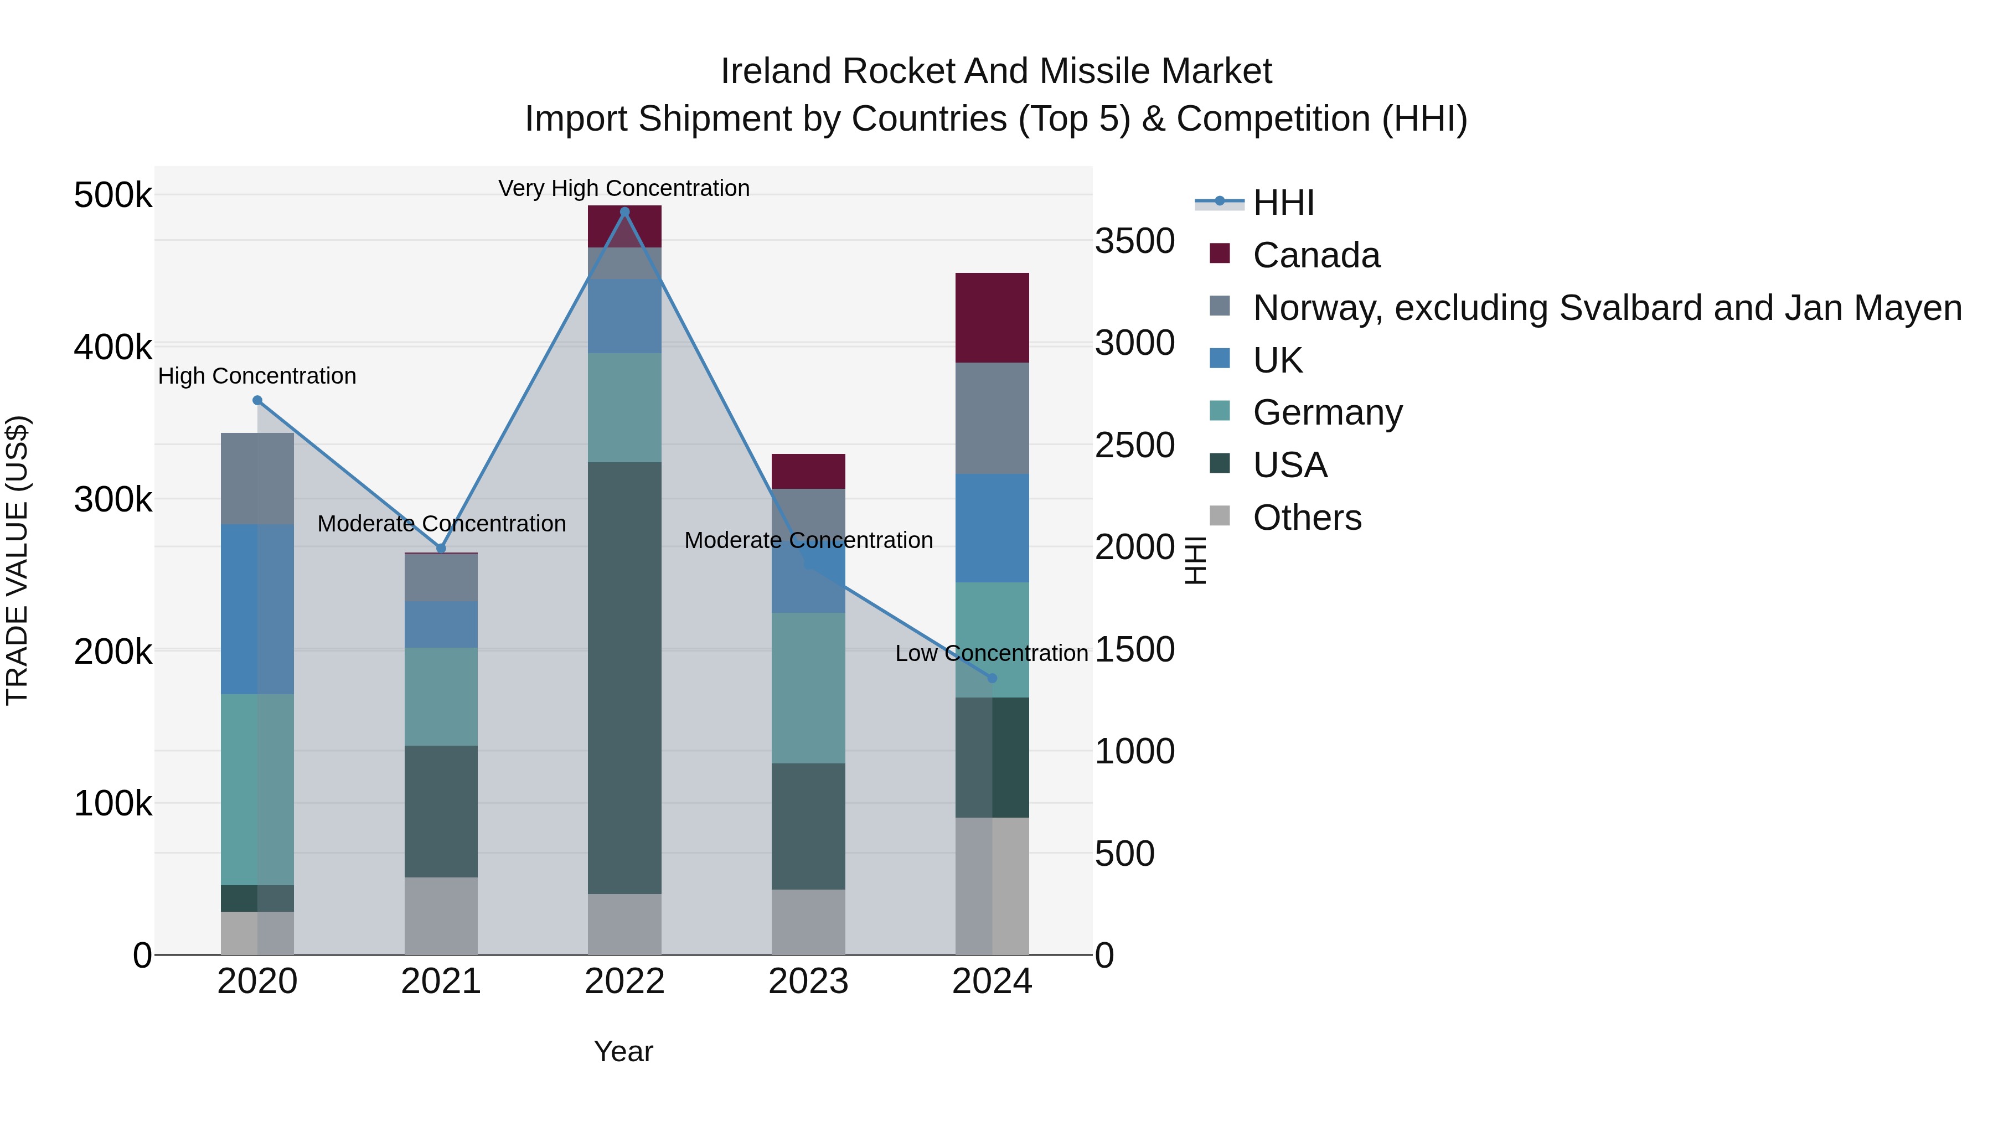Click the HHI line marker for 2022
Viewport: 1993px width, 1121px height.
click(624, 212)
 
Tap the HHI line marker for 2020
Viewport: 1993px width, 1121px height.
click(257, 400)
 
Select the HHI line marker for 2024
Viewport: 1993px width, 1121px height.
click(992, 678)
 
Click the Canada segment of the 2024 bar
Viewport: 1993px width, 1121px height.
click(992, 317)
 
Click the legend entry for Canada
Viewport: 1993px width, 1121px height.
click(1315, 255)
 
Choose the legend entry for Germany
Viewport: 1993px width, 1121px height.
click(1327, 412)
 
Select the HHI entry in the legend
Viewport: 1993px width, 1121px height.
click(1283, 203)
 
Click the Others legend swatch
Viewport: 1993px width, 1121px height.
click(1219, 516)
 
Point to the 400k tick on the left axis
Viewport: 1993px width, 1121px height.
click(113, 347)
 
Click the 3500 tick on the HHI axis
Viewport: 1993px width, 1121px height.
click(1134, 241)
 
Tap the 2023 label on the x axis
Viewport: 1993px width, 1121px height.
click(808, 981)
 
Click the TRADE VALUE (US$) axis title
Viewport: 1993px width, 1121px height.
click(17, 560)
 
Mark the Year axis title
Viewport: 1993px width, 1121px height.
click(623, 1051)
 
